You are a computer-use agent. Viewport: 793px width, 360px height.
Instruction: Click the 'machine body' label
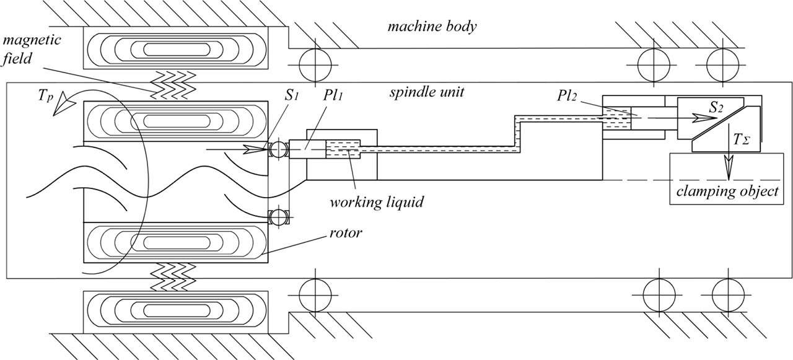click(432, 27)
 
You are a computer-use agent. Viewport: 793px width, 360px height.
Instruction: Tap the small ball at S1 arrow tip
click(276, 149)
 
